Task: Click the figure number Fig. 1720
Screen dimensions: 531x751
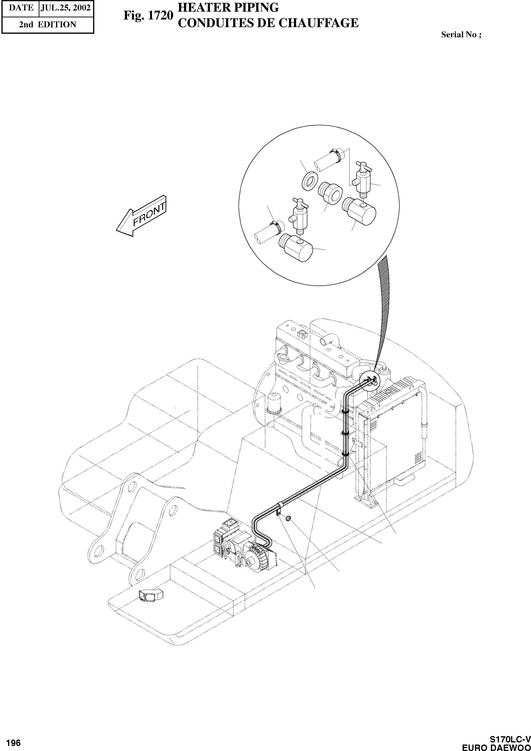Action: (148, 15)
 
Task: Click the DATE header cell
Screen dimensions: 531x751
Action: (21, 8)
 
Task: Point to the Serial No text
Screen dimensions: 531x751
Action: (461, 35)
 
